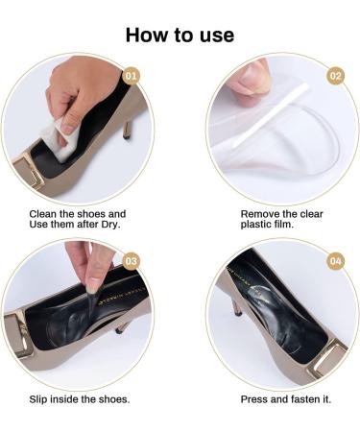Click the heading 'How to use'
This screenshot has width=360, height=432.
(180, 36)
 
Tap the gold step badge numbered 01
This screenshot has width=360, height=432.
(133, 74)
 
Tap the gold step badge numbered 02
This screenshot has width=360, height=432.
(335, 75)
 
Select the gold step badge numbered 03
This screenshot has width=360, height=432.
(132, 260)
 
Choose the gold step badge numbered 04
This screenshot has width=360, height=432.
(335, 260)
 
